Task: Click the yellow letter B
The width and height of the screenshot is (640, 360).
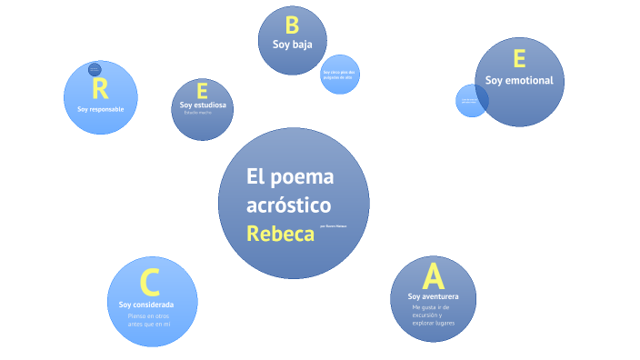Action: pos(292,25)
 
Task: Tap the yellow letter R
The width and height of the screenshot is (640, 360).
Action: pos(100,88)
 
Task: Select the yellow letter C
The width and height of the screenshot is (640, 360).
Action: pos(151,283)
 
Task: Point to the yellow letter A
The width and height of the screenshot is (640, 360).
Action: pos(433,275)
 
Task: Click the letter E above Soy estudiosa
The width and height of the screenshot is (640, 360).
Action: pos(202,91)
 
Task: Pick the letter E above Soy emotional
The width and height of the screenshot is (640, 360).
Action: pos(519,59)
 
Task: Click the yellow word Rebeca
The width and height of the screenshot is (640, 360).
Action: pos(280,234)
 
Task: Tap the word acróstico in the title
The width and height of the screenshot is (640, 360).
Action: pos(288,205)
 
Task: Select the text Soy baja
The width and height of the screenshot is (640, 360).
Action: pos(292,44)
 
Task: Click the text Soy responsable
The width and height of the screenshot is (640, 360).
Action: pos(100,109)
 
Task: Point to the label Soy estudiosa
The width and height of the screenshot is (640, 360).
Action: pos(203,105)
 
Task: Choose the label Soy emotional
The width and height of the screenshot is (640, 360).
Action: pos(519,80)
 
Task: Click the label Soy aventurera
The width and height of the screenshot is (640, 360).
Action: pos(433,297)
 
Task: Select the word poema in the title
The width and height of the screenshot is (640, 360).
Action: pos(305,176)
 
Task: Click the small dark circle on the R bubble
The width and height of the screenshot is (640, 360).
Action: pos(95,69)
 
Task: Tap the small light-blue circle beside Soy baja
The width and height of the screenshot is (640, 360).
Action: pos(340,73)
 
